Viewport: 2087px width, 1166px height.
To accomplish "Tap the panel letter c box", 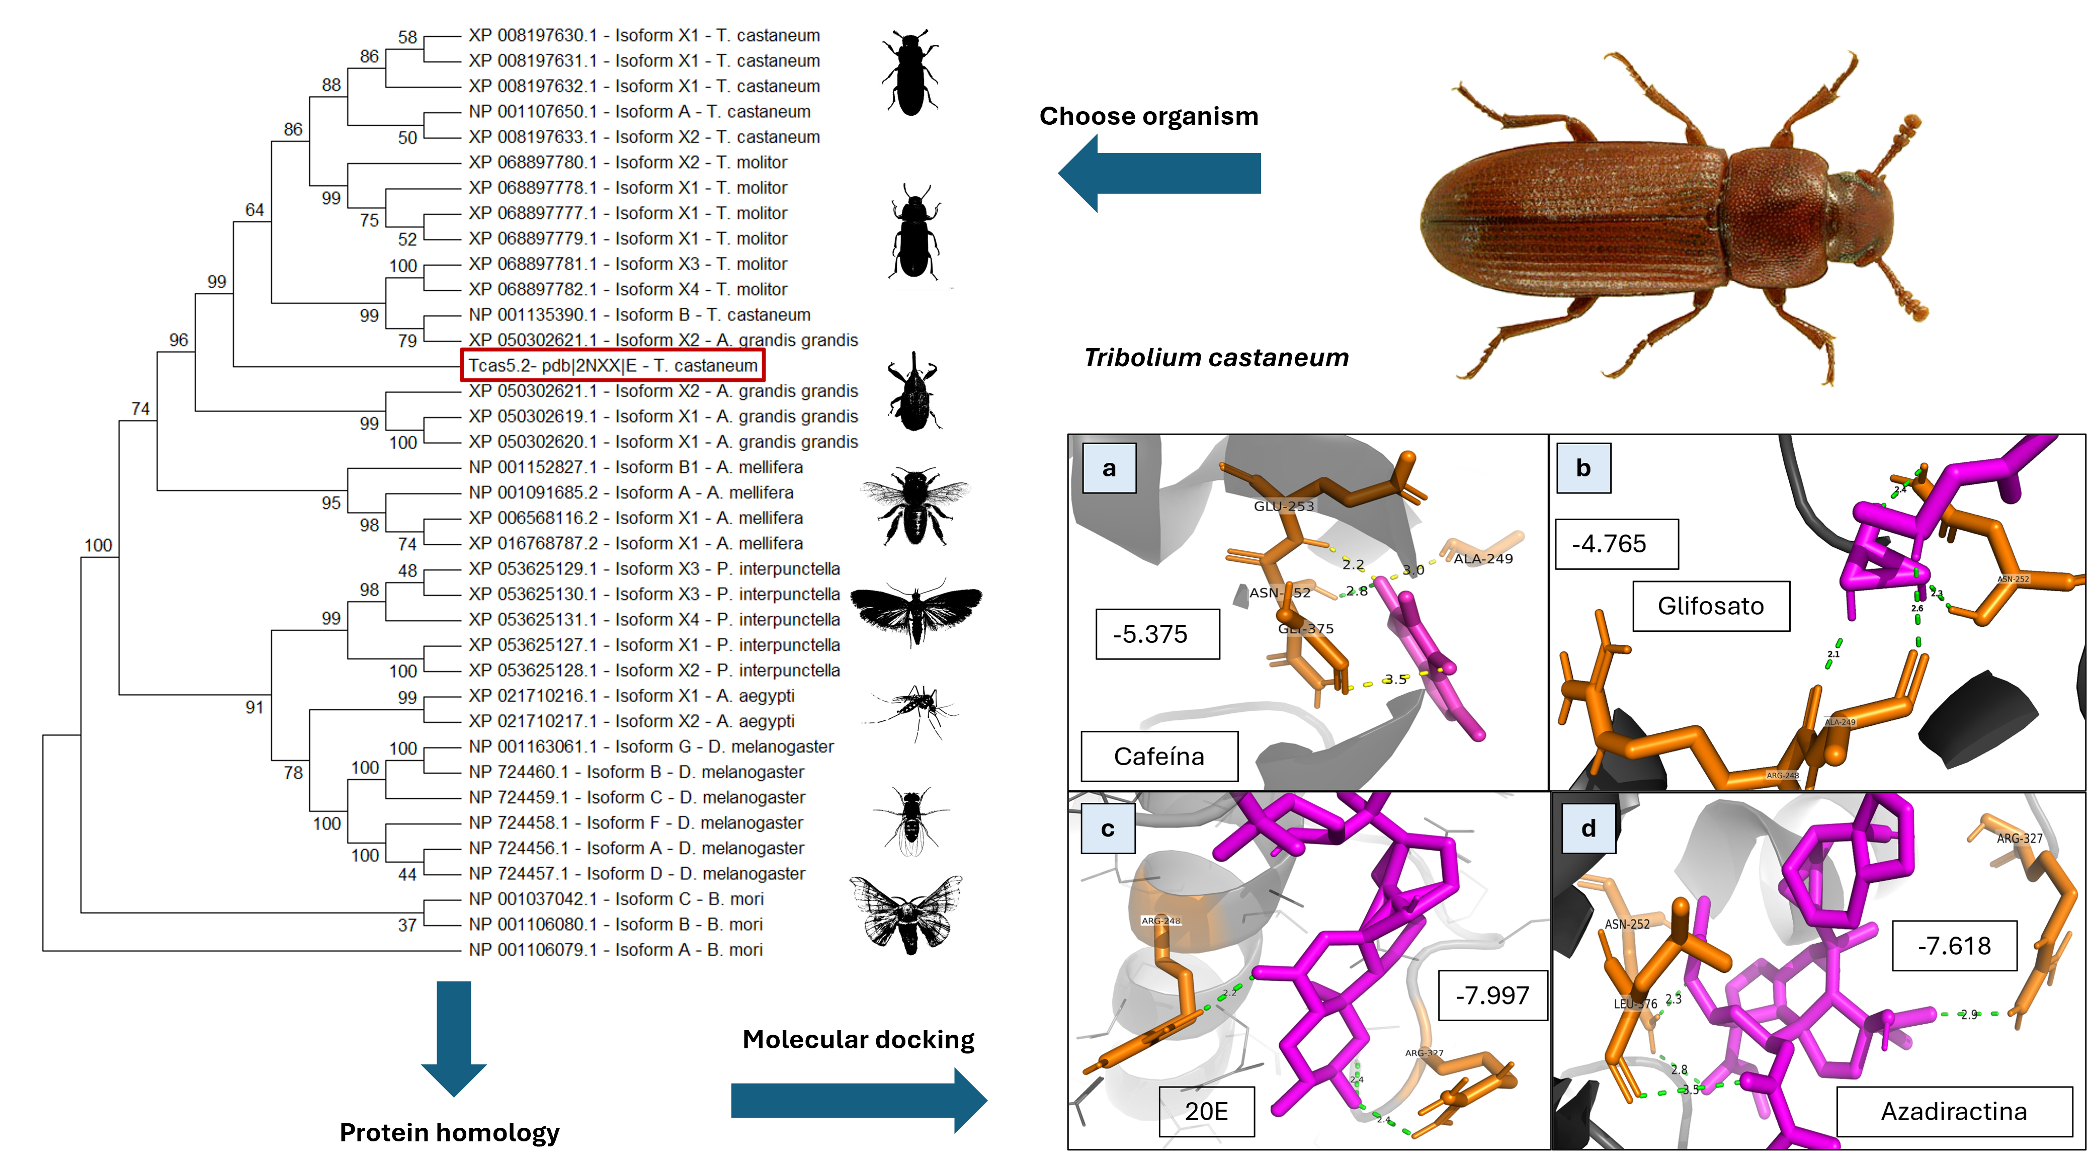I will click(x=1108, y=828).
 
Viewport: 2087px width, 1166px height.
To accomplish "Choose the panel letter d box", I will click(x=1588, y=827).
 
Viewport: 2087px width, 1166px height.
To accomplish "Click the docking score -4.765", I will click(x=1616, y=544).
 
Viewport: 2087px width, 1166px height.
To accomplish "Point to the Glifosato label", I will click(x=1710, y=605).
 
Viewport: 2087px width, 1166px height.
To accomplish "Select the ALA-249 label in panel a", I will click(x=1482, y=558).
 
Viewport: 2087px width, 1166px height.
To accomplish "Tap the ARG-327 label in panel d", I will click(x=2019, y=839).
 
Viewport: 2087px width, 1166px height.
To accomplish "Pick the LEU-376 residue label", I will click(x=1635, y=1003).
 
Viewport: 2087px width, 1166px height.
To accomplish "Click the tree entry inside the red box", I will click(x=613, y=365).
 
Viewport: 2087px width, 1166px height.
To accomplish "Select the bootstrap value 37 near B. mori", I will click(x=407, y=925).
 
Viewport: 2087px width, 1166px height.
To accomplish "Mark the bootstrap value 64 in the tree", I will click(x=255, y=210).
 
